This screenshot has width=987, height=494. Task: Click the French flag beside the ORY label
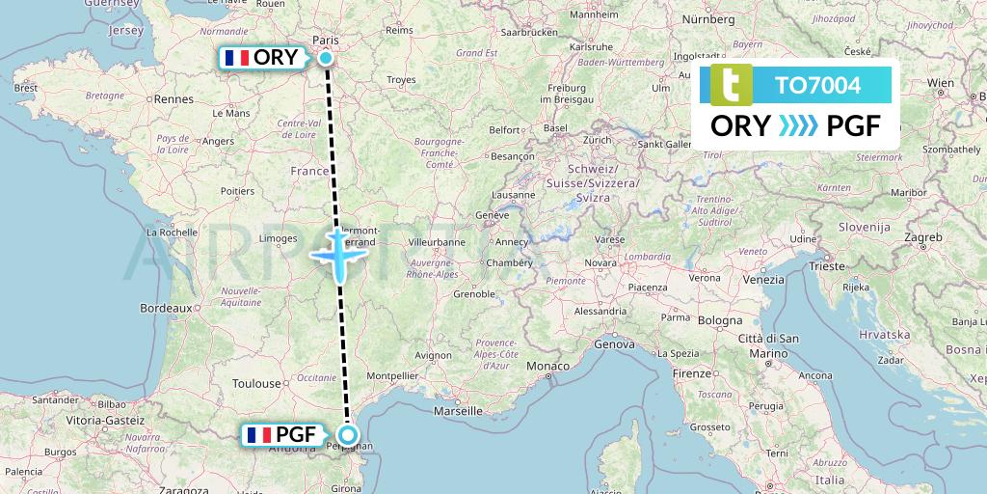coord(236,58)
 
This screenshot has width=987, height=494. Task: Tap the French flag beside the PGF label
coord(258,435)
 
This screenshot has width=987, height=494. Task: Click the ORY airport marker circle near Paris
coord(326,58)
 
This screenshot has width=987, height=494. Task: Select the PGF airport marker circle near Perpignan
coord(348,435)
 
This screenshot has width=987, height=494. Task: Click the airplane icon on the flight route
coord(338,254)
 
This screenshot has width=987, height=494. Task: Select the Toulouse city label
coord(257,383)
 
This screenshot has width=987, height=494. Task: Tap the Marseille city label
coord(458,410)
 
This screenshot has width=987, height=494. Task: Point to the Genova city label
coord(617,343)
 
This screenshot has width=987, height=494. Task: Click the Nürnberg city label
coord(707,19)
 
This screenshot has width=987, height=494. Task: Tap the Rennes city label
coord(174,98)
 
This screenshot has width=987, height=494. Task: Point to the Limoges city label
coord(278,237)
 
